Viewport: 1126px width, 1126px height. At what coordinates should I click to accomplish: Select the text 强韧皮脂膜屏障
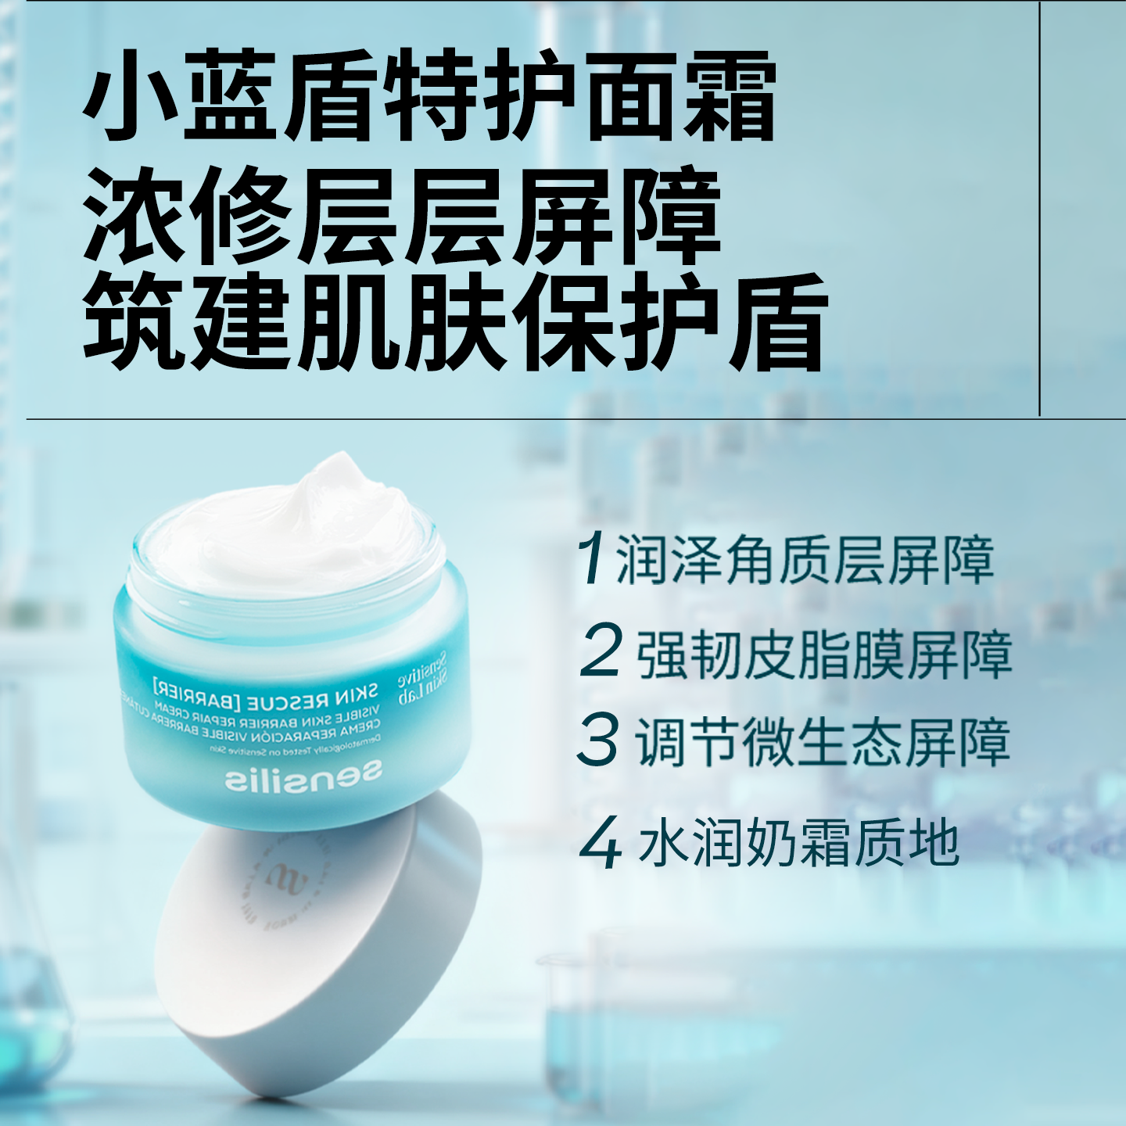point(824,654)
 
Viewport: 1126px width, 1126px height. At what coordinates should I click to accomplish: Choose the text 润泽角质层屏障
point(805,560)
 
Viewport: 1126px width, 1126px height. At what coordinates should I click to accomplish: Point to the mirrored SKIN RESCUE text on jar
point(266,692)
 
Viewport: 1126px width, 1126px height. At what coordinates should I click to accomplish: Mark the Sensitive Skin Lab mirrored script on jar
point(422,679)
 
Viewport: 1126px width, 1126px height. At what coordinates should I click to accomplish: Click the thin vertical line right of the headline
point(1039,211)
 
